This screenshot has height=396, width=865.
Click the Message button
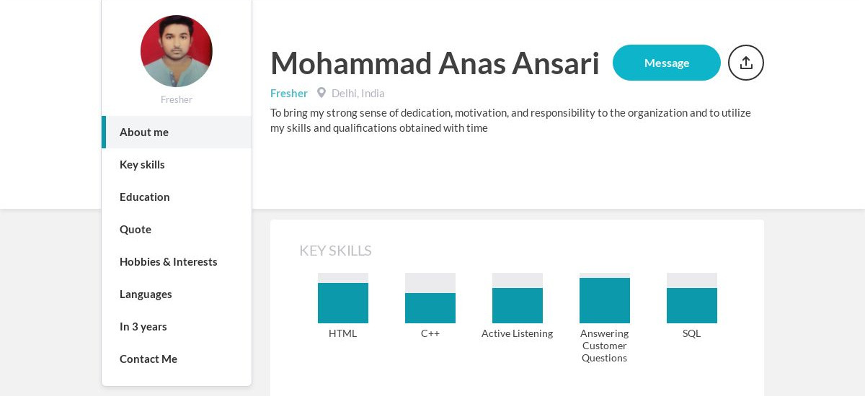point(667,63)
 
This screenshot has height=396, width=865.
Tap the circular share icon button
point(745,63)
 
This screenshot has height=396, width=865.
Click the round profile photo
point(177,51)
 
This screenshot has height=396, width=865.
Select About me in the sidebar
point(144,132)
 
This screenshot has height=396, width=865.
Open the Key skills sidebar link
point(142,165)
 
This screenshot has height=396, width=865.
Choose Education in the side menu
point(144,197)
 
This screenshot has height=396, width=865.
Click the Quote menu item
point(136,230)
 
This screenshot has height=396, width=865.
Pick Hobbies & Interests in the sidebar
point(169,262)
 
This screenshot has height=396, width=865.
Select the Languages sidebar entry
point(146,294)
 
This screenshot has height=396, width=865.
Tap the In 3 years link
point(143,327)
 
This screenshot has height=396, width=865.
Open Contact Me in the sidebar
point(148,359)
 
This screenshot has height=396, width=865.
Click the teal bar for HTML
point(343,303)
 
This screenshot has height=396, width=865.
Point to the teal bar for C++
point(430,308)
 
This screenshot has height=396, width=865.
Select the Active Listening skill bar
point(518,305)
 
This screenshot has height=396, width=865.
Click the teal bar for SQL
point(692,305)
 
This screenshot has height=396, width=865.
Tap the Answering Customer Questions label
point(604,346)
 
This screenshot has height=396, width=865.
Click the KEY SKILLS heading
point(335,251)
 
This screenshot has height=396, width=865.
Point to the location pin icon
point(321,93)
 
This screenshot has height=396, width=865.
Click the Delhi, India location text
point(358,94)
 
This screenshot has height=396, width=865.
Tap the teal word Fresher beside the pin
point(289,94)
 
